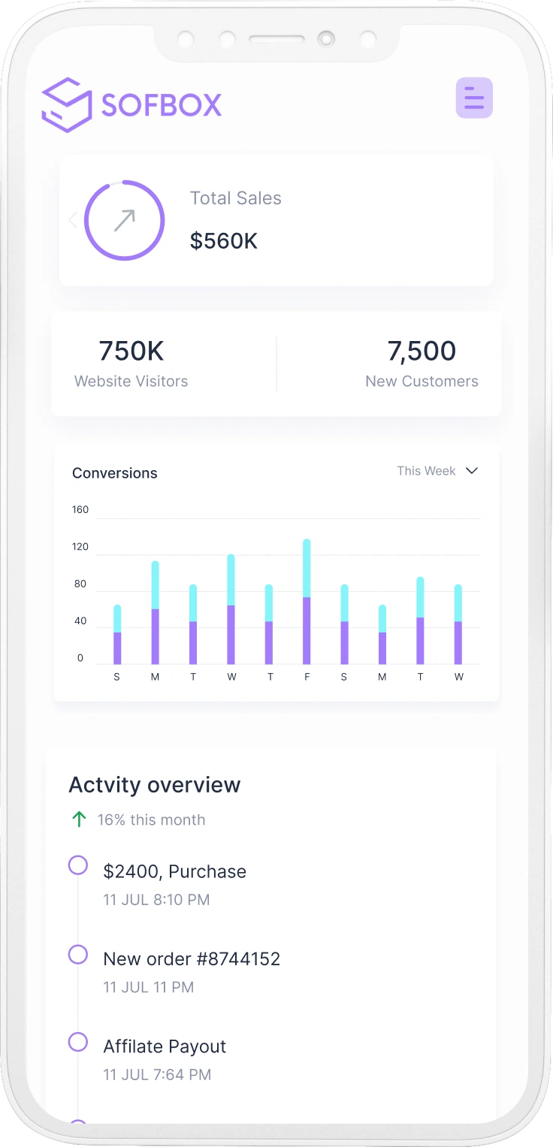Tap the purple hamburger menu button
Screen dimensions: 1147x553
474,98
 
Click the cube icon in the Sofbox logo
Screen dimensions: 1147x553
67,105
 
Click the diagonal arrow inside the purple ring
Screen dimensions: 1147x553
124,220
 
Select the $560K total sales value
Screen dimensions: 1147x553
223,241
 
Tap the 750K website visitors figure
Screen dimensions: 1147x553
131,351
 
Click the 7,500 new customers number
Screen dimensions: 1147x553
422,351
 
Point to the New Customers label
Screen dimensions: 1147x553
422,382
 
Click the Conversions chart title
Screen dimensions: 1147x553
115,473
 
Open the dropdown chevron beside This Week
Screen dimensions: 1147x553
472,471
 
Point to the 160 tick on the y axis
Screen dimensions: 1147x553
80,510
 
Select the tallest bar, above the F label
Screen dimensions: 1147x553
307,601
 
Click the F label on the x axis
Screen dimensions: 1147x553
307,677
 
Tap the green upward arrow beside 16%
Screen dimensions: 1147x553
79,820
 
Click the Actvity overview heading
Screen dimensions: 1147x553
155,785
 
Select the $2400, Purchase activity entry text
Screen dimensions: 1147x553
174,871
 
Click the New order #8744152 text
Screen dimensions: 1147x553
192,959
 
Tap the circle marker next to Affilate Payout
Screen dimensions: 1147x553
78,1042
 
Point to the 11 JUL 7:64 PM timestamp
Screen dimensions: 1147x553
157,1075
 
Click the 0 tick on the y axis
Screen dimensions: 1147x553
80,659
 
